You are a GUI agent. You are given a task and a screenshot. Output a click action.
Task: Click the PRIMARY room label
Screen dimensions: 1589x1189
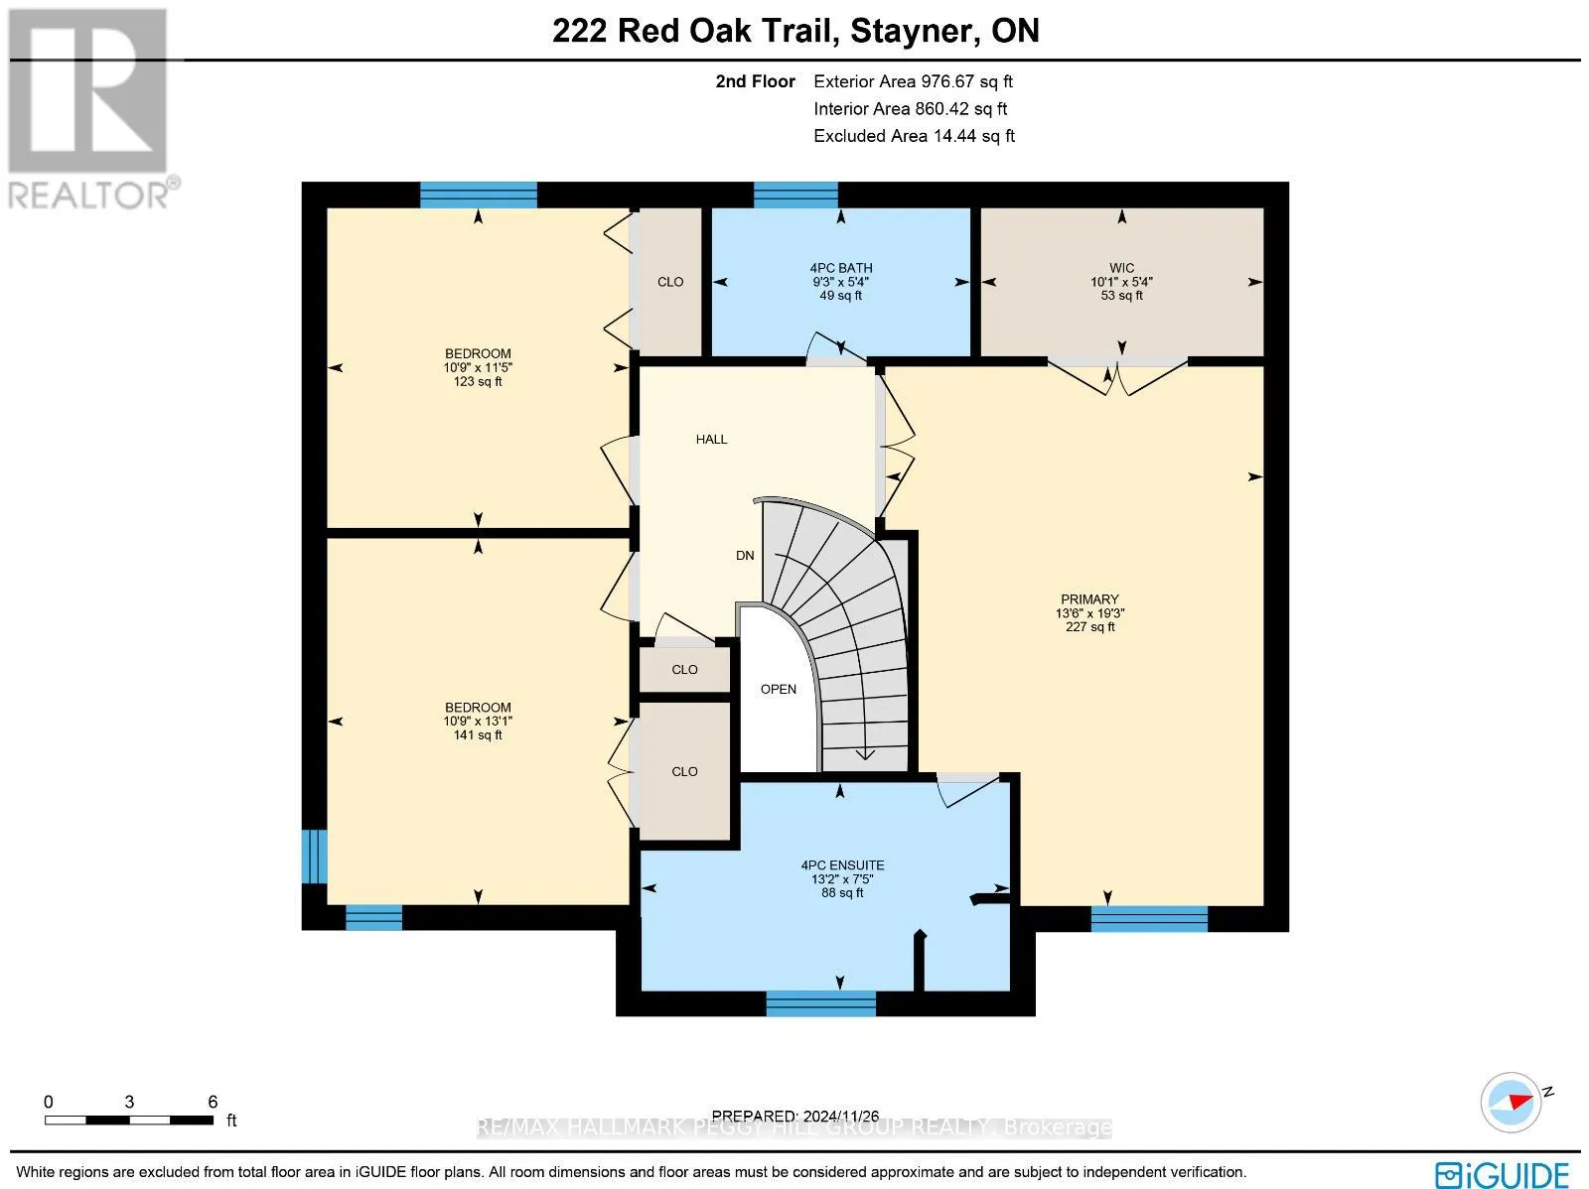pos(1089,599)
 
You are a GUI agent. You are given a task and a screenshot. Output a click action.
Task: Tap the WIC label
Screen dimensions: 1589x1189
pos(1121,268)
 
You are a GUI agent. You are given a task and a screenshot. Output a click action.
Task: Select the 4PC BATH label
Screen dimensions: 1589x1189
pos(840,268)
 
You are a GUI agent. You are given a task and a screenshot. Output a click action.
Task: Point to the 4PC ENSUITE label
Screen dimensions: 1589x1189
pos(842,865)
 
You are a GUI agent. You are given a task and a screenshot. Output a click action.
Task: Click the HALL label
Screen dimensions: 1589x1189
pos(712,439)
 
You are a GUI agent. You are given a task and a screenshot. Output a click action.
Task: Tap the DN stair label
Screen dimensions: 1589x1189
pos(745,556)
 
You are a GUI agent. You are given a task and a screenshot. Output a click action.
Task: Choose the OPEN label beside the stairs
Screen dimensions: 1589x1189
pos(779,689)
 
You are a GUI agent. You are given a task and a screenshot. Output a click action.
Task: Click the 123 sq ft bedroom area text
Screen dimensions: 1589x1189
pos(478,381)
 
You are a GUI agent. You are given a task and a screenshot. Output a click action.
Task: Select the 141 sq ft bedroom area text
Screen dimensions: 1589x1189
pos(478,734)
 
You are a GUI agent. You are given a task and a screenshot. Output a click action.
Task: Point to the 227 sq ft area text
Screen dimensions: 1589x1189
pos(1089,627)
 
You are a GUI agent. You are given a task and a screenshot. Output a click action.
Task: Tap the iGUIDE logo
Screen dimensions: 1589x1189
pos(1502,1174)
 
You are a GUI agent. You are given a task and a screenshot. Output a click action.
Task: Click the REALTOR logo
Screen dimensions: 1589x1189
pos(91,109)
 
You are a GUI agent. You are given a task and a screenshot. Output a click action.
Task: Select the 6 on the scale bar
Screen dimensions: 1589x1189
pos(213,1102)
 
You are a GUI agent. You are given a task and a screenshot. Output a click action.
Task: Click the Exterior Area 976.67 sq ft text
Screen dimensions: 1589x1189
pos(913,81)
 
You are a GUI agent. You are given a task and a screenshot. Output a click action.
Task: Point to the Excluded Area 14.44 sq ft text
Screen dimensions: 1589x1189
pos(914,136)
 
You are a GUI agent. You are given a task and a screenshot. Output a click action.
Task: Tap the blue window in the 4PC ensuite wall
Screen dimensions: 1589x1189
pos(821,1003)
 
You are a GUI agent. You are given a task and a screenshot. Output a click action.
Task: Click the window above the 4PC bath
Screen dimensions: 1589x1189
pos(795,196)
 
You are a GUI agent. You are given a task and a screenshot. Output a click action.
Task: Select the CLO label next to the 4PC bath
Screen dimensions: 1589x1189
pos(670,282)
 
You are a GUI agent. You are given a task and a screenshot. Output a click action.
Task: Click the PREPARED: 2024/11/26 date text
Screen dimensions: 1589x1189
pos(794,1116)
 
